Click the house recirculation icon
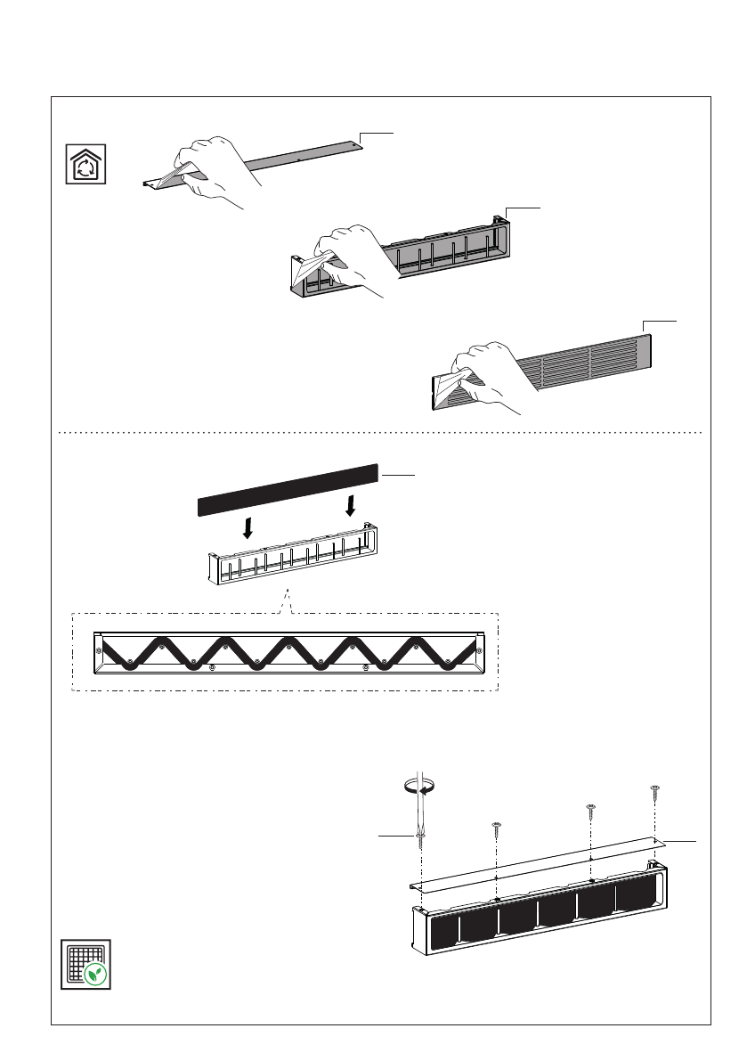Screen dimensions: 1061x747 87,164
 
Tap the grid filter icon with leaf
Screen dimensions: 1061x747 86,963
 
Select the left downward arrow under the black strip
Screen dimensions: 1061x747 248,527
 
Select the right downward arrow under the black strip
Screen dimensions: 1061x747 351,506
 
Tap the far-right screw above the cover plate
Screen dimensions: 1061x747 655,789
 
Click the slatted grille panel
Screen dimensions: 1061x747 579,361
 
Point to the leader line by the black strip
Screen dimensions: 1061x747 399,476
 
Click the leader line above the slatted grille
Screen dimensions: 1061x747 660,319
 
